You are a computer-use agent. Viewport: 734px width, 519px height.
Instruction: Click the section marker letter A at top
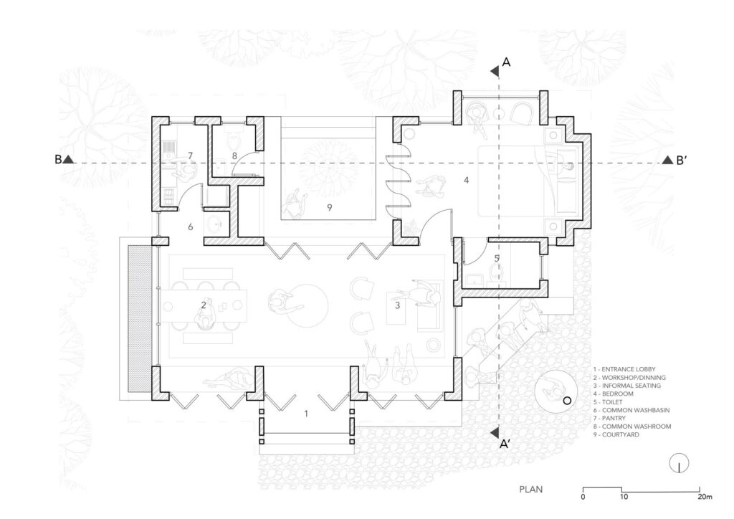tap(506, 63)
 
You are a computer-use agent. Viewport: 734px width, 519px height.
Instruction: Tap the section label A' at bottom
tap(505, 445)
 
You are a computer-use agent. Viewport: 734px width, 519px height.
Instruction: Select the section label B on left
tap(58, 160)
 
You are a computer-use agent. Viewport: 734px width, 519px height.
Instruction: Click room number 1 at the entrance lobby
tap(306, 414)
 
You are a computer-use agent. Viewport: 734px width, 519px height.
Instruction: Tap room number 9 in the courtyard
tap(328, 207)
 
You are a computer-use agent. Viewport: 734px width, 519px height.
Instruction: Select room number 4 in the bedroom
tap(467, 180)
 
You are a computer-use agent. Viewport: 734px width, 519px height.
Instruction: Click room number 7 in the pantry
tap(191, 155)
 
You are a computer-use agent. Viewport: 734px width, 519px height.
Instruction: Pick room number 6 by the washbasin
tap(191, 227)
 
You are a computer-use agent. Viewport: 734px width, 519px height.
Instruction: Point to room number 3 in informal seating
tap(397, 305)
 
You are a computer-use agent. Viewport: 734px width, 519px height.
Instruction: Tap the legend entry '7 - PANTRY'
tap(610, 417)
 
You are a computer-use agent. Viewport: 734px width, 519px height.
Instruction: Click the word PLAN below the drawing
tap(530, 490)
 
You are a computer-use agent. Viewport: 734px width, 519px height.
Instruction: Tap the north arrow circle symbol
tap(677, 464)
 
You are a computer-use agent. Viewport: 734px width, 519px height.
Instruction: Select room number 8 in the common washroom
tap(234, 155)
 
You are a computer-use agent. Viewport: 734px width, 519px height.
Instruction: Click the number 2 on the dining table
tap(204, 305)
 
